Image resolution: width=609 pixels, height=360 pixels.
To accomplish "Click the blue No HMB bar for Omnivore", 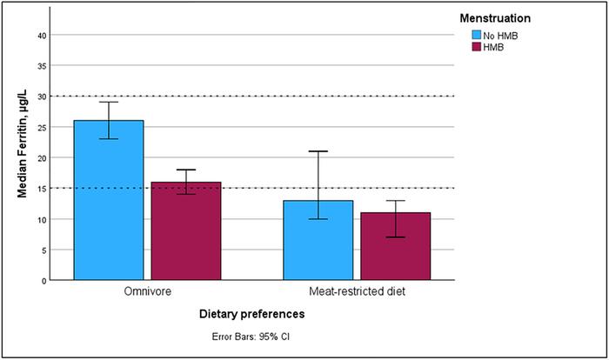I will [108, 200].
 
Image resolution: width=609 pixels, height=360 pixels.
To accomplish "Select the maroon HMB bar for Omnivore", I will [185, 230].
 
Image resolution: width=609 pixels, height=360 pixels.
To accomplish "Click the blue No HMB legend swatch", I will [477, 35].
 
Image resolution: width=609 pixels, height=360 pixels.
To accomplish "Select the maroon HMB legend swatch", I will [477, 47].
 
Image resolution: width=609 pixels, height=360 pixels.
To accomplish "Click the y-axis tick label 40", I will [41, 35].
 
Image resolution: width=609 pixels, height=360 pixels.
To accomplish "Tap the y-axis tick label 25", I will [41, 127].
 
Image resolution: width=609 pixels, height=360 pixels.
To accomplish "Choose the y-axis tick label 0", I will [43, 281].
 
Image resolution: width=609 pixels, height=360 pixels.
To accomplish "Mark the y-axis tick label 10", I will [41, 219].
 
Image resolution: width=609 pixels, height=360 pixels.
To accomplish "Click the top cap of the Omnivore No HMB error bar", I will [108, 102].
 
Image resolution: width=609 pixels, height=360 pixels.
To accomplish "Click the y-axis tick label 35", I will [41, 65].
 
